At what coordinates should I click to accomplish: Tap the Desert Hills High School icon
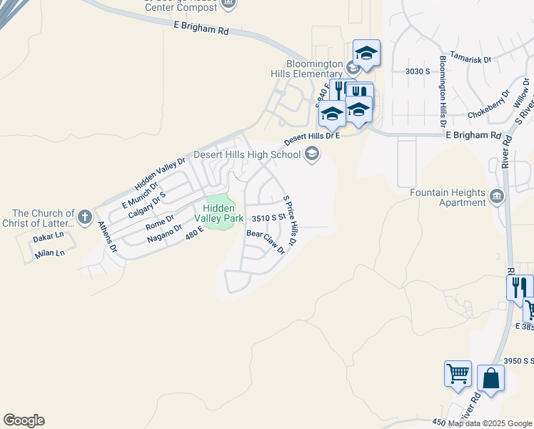tap(311, 154)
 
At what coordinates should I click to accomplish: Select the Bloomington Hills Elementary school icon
tap(353, 69)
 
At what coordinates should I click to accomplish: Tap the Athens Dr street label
tap(107, 237)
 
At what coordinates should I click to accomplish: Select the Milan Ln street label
tap(49, 252)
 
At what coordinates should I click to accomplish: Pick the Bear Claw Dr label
tap(266, 242)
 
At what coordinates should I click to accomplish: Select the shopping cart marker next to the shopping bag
tap(458, 373)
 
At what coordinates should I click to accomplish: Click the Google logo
tap(24, 420)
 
